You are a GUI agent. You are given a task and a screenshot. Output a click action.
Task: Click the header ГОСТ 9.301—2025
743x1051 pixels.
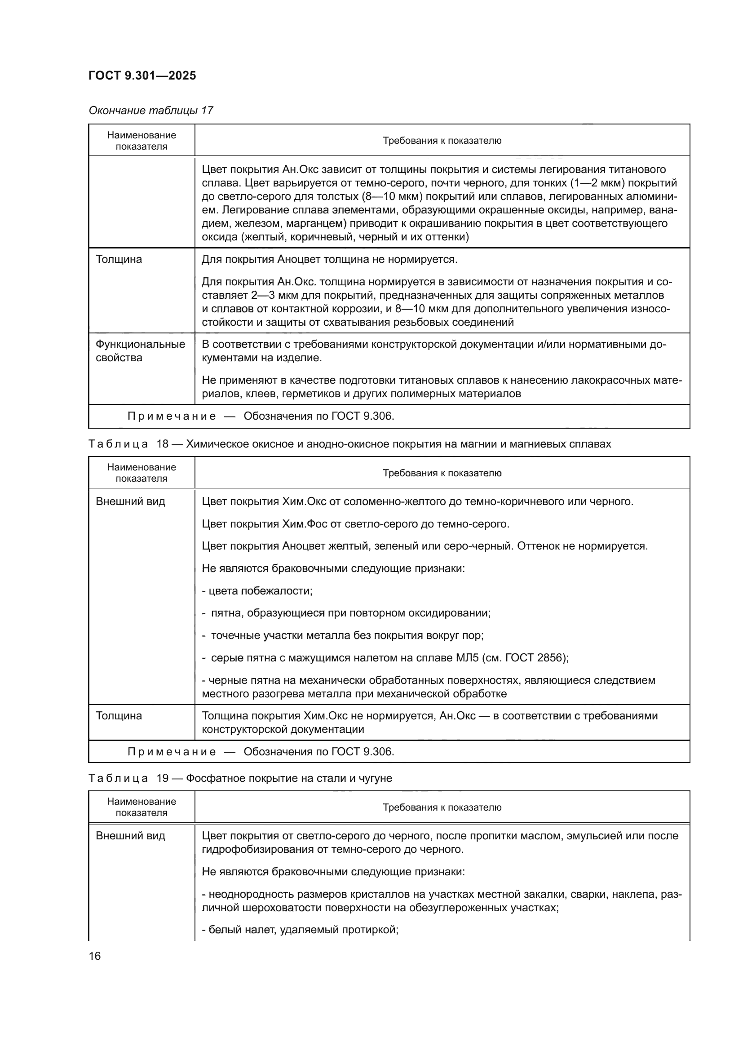[142, 75]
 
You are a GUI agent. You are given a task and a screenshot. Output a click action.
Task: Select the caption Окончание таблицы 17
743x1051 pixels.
[151, 111]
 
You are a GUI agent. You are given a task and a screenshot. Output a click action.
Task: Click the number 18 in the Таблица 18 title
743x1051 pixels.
[163, 444]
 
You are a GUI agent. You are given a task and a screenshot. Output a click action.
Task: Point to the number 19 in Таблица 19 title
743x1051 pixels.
[163, 778]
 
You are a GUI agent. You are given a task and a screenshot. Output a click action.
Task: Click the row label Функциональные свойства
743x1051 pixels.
[140, 350]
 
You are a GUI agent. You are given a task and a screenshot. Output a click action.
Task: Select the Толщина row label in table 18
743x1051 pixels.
[119, 715]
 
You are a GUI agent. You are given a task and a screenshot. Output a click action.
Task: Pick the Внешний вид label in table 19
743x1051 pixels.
[130, 835]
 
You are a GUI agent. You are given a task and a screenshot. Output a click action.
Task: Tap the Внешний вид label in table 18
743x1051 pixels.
[130, 501]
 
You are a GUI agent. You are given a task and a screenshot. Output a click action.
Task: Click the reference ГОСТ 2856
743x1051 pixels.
[541, 658]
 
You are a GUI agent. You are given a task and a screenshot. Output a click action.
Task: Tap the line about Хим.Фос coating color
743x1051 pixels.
[355, 523]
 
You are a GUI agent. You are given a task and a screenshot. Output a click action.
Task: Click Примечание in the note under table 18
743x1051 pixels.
[172, 752]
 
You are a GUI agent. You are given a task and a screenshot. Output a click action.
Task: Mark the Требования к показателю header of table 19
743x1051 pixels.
[442, 807]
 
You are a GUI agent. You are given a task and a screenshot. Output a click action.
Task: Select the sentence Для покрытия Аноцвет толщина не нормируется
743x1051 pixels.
[329, 260]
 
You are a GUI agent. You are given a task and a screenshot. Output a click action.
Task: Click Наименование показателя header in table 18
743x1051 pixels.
[142, 472]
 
